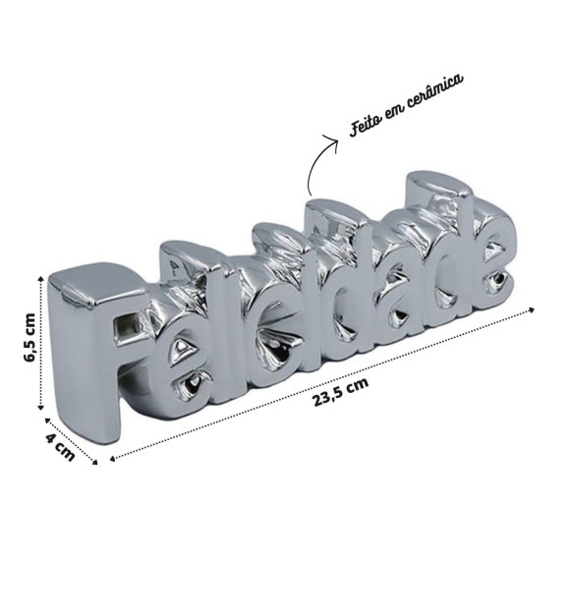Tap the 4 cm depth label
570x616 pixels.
(x=60, y=447)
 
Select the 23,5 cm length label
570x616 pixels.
(x=341, y=392)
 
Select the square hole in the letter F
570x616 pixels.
(x=126, y=325)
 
